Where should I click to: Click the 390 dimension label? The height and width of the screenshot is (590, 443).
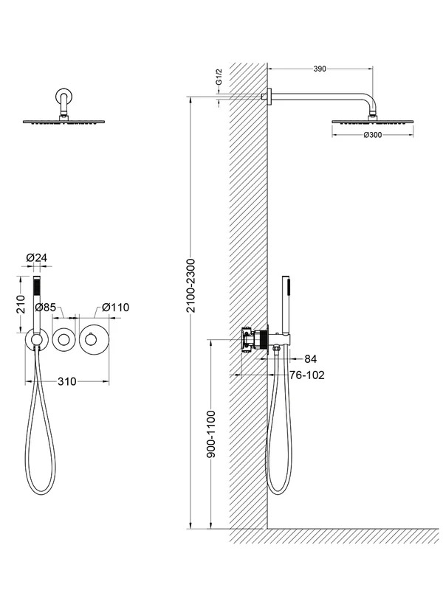(x=320, y=69)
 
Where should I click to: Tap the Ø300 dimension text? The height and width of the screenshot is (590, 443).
(x=373, y=135)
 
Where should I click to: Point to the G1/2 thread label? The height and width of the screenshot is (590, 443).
(x=219, y=77)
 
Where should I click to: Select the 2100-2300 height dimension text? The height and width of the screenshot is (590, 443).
(x=191, y=285)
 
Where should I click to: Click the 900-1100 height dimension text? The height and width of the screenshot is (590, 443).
(x=211, y=434)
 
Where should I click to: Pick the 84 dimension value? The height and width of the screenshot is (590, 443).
(x=310, y=359)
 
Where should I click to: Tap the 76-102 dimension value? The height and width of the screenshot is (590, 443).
(x=306, y=375)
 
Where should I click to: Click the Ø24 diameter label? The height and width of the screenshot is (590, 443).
(x=36, y=257)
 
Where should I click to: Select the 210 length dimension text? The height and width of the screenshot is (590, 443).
(x=21, y=305)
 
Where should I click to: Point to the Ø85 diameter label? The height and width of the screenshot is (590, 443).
(x=45, y=308)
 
